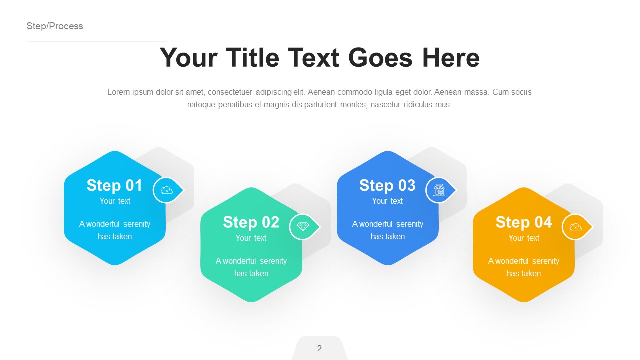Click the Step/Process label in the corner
pyautogui.click(x=55, y=26)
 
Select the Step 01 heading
pyautogui.click(x=115, y=185)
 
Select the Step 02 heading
pyautogui.click(x=251, y=222)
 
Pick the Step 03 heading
pyautogui.click(x=387, y=185)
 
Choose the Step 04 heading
pyautogui.click(x=523, y=222)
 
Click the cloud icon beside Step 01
pyautogui.click(x=167, y=190)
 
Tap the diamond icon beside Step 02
pyautogui.click(x=303, y=227)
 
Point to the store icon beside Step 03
pyautogui.click(x=439, y=190)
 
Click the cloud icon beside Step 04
pyautogui.click(x=576, y=227)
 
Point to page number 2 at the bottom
pyautogui.click(x=319, y=349)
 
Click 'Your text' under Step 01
pyautogui.click(x=115, y=201)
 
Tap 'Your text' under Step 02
pyautogui.click(x=251, y=238)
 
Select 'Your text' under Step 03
pyautogui.click(x=387, y=201)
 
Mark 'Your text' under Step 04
pyautogui.click(x=524, y=238)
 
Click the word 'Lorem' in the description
pyautogui.click(x=119, y=92)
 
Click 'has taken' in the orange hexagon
pyautogui.click(x=524, y=274)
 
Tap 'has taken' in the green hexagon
pyautogui.click(x=251, y=274)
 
